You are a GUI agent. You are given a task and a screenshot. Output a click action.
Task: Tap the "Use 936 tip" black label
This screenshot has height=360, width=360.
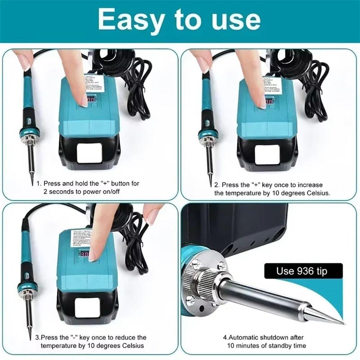(x=302, y=271)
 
